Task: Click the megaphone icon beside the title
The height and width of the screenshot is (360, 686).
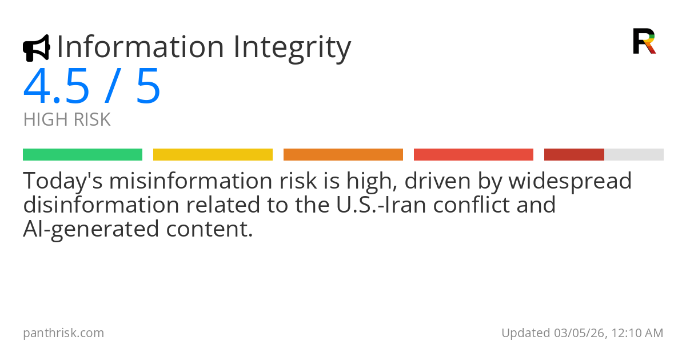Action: [x=36, y=48]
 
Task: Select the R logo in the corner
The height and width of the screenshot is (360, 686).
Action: [x=644, y=41]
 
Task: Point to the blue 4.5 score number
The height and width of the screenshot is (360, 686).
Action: [x=57, y=86]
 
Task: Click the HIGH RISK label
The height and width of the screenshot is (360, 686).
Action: [x=67, y=120]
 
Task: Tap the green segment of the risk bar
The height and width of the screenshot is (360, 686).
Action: [x=82, y=155]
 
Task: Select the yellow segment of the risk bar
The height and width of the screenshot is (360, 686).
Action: [x=213, y=155]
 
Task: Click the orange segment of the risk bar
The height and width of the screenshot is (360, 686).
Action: [x=343, y=155]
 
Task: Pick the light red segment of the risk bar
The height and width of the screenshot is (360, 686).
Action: [x=473, y=155]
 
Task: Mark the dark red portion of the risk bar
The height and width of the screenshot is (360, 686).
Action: [x=574, y=155]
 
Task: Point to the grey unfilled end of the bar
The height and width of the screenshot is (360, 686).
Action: [x=634, y=155]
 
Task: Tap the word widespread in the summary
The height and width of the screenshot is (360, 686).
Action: [x=570, y=181]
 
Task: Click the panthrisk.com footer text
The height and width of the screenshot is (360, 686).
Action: [x=63, y=333]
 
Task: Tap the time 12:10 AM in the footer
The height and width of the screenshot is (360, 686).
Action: [x=636, y=333]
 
